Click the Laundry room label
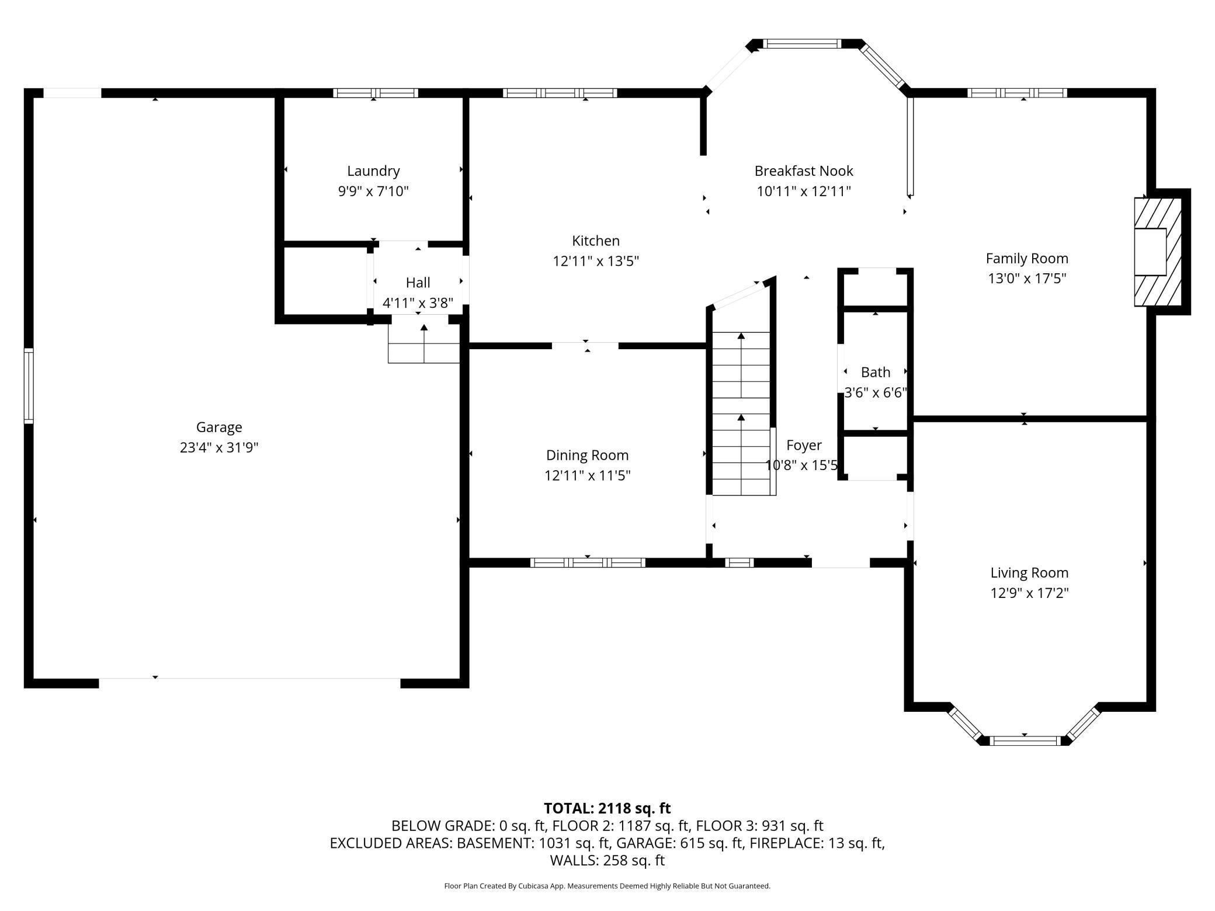pos(373,171)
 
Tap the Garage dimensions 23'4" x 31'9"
pos(219,447)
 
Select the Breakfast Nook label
pos(804,171)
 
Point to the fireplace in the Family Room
pos(1157,252)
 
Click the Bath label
pos(876,372)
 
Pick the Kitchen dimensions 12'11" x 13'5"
pos(596,261)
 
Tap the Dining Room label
pos(587,455)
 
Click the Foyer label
pos(804,445)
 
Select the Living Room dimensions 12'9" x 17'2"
pos(1029,593)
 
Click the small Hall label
pos(418,283)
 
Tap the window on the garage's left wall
pos(28,385)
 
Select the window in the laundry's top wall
pos(376,93)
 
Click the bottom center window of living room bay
pos(1025,741)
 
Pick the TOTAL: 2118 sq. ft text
pos(607,808)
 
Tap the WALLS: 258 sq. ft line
pos(607,860)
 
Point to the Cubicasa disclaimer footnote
pos(607,886)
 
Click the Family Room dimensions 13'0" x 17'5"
pos(1027,279)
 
